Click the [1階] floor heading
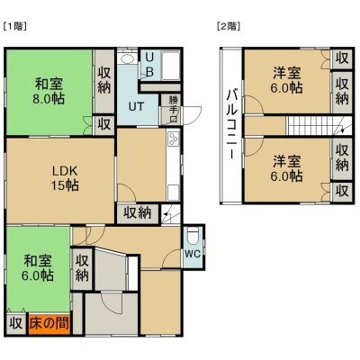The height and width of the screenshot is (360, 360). pos(15,26)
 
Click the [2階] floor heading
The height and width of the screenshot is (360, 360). pos(229,26)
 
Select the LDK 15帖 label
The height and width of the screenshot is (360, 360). pos(66,178)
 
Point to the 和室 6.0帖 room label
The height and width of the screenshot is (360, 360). pos(38,267)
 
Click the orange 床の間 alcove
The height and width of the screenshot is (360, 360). pos(49,324)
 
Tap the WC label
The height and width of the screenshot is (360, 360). pos(193,254)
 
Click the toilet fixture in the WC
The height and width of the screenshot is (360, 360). pos(193,236)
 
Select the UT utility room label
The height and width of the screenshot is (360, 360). pos(136,106)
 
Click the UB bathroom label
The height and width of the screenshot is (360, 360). pos(149,64)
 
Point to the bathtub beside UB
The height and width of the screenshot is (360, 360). pos(170,65)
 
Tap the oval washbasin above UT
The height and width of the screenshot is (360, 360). pos(127,58)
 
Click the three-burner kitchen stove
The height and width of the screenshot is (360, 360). pos(173,139)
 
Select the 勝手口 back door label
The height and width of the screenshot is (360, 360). pos(173,109)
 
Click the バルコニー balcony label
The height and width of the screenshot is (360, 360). pos(231,123)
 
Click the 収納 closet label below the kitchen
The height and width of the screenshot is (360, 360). pos(138,213)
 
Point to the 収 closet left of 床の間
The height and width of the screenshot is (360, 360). pos(16,324)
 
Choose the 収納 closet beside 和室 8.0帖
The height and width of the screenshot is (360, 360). pos(104,80)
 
